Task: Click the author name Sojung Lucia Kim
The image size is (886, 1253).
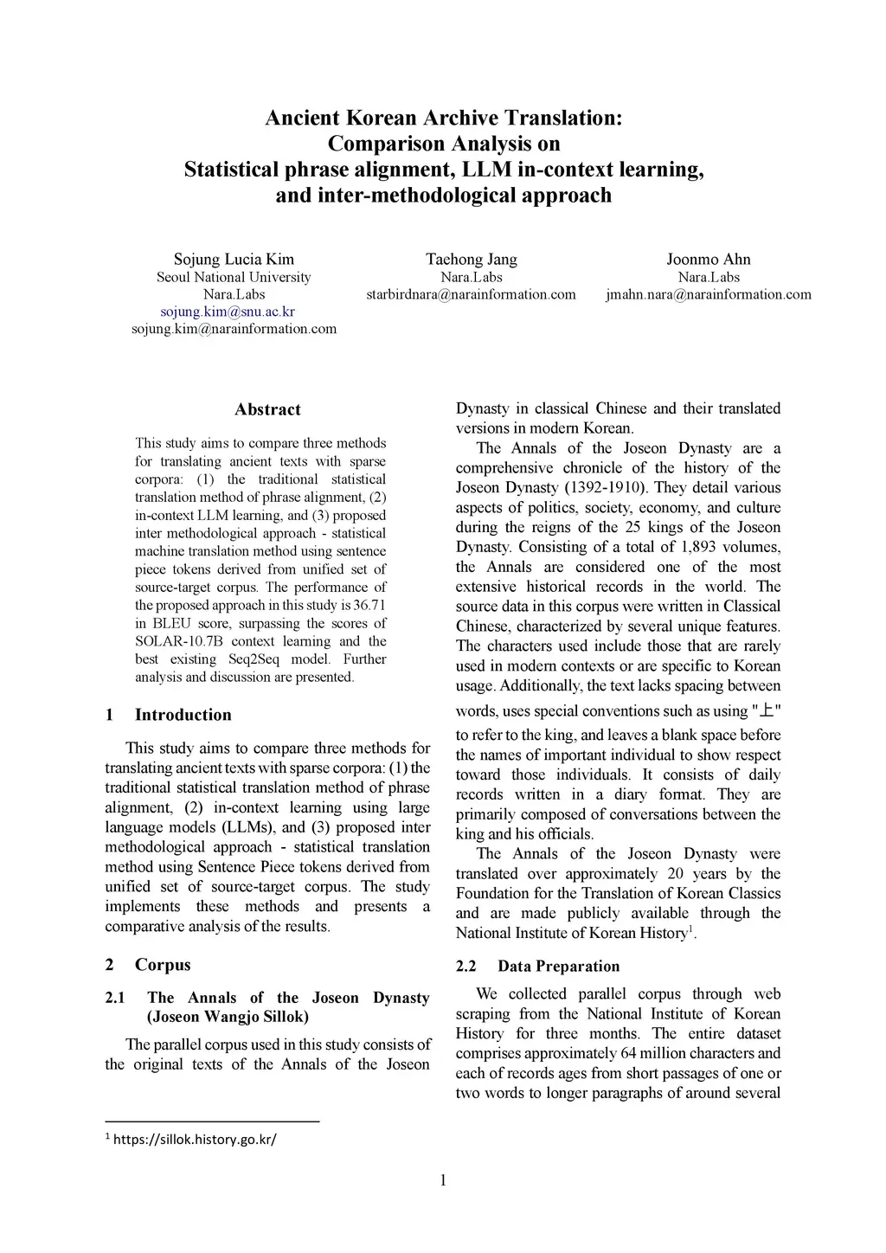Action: coord(234,260)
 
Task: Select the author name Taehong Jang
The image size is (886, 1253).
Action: coord(472,260)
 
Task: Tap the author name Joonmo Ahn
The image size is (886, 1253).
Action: coord(709,260)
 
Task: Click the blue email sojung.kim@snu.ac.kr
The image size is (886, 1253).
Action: coord(228,312)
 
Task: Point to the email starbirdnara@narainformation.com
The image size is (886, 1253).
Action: coord(471,294)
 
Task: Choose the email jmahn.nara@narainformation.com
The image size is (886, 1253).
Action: coord(709,294)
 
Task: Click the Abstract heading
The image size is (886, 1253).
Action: coord(267,410)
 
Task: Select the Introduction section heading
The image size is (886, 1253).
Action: coord(183,715)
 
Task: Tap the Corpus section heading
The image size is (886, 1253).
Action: coord(163,965)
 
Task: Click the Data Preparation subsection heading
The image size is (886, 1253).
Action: coord(558,967)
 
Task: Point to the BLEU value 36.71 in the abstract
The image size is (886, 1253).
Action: coord(369,605)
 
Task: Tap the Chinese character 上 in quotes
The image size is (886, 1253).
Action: coord(766,710)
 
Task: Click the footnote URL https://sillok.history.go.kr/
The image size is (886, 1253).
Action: coord(195,1139)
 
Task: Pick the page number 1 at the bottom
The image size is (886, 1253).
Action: coord(443,1180)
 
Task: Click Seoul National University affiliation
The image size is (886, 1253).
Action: coord(234,278)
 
